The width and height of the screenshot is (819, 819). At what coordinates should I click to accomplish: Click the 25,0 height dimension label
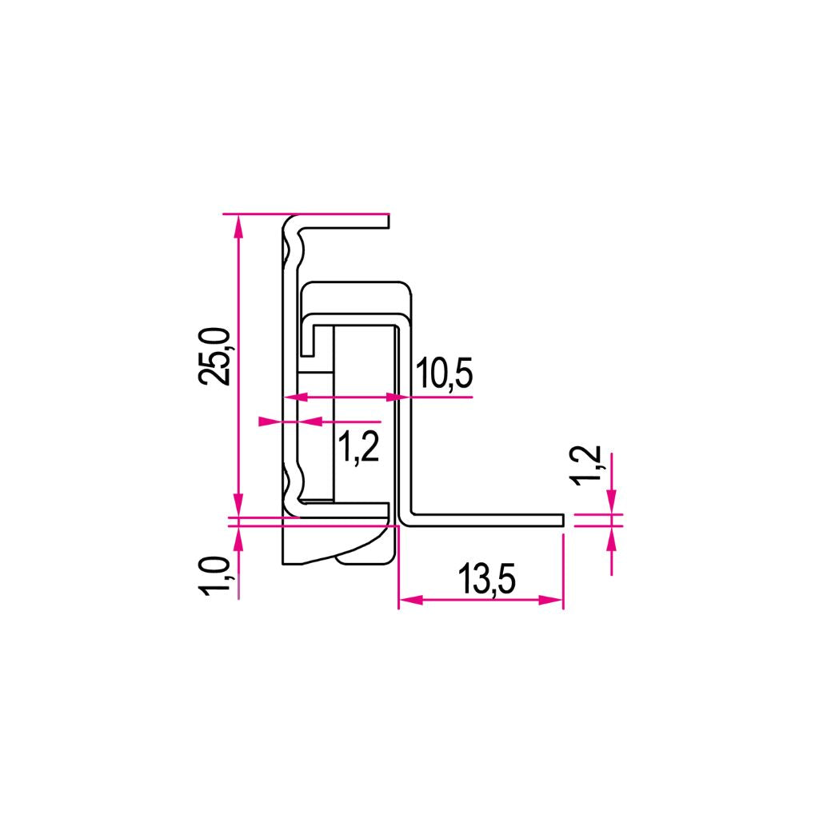(214, 358)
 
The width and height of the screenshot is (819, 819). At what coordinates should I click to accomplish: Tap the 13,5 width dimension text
(487, 579)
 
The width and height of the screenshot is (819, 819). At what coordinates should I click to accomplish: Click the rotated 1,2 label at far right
(587, 466)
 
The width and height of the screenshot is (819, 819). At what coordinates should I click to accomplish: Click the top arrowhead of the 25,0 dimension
(238, 226)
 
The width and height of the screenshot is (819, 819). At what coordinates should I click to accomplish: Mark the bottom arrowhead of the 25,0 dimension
(238, 505)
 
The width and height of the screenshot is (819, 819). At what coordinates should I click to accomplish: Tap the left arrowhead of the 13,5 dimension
(411, 600)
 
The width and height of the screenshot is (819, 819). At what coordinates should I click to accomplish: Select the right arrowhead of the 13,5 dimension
(552, 600)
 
